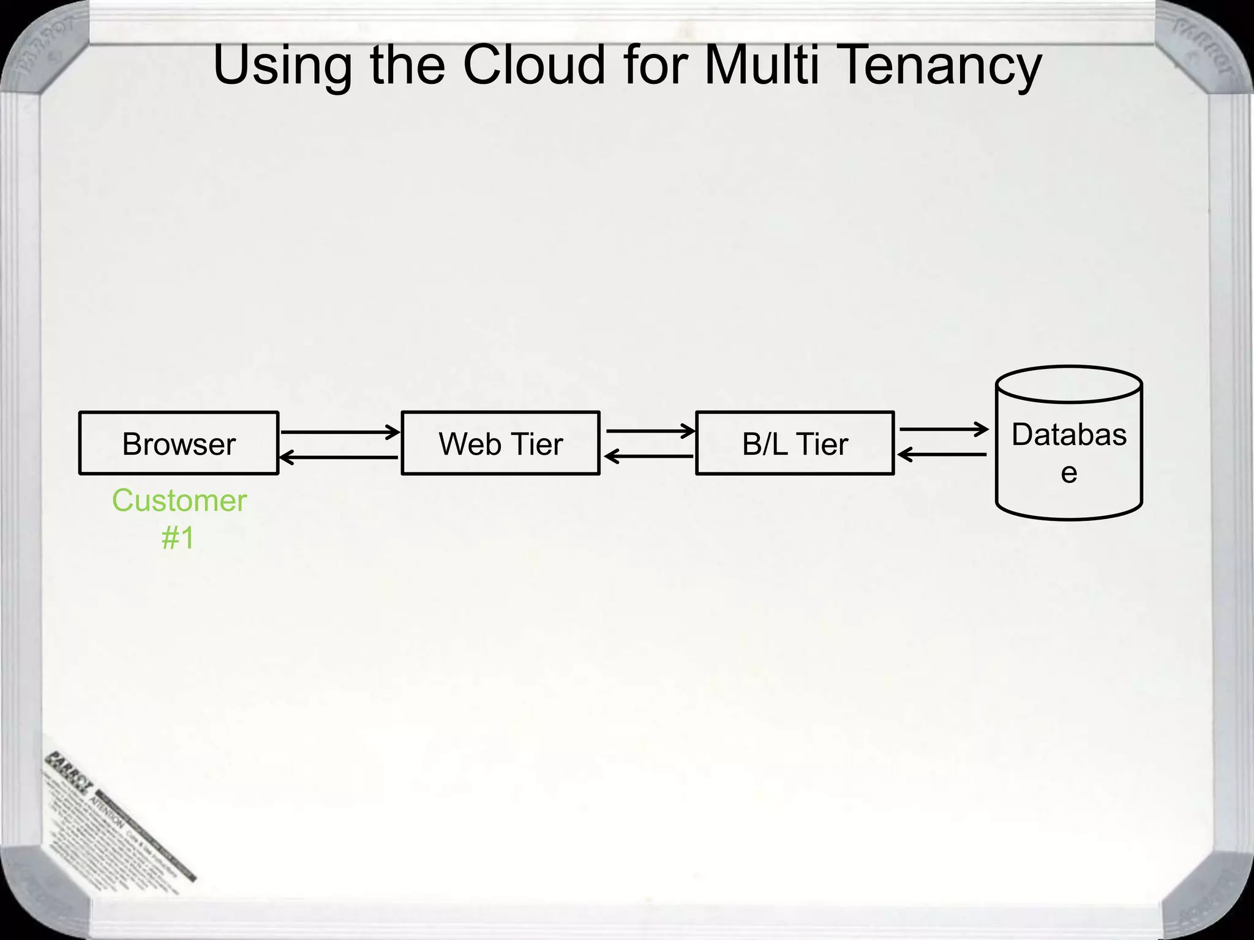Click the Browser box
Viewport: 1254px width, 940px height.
[x=179, y=443]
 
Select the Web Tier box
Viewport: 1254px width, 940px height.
[x=500, y=443]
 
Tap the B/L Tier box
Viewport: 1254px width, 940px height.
[x=795, y=443]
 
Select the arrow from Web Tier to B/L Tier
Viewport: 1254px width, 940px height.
[x=650, y=431]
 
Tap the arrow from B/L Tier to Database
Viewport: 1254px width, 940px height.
[x=944, y=430]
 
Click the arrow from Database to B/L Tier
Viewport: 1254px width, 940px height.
[x=942, y=455]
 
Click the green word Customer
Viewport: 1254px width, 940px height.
[x=179, y=501]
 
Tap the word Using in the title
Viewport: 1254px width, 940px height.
[x=282, y=66]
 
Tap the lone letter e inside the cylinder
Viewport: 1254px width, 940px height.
[x=1069, y=473]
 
